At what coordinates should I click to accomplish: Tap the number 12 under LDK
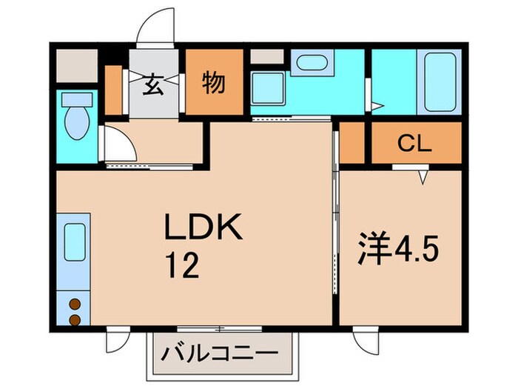pyautogui.click(x=181, y=265)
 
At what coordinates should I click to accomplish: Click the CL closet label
pyautogui.click(x=414, y=144)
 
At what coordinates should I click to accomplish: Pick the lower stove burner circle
pyautogui.click(x=74, y=319)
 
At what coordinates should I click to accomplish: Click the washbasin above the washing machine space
pyautogui.click(x=309, y=64)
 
